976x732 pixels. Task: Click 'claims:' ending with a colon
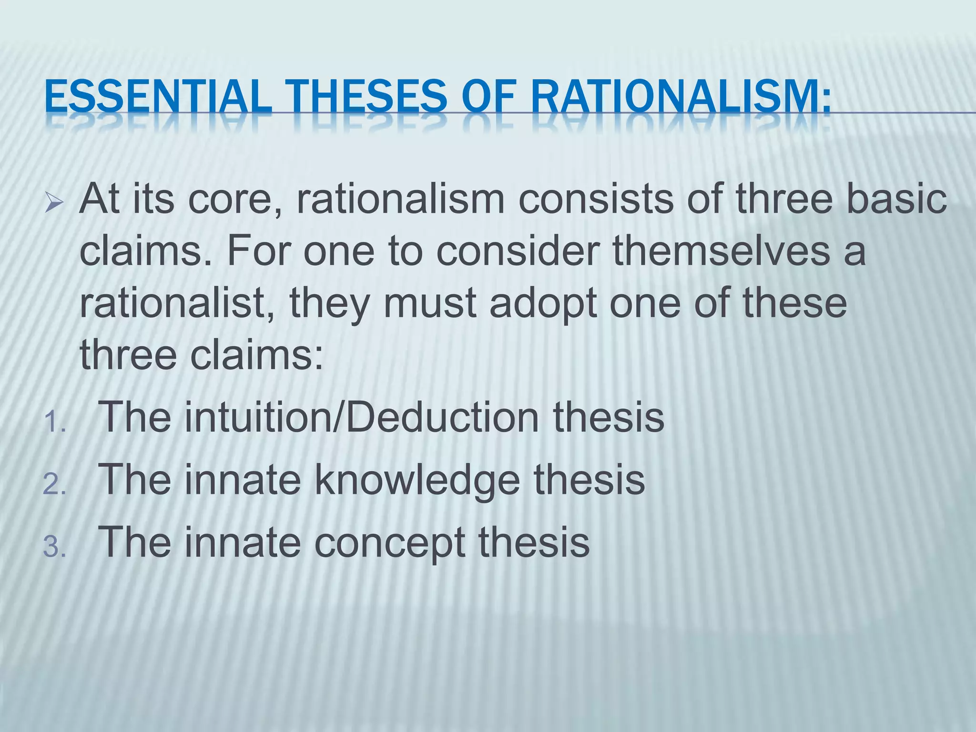(257, 355)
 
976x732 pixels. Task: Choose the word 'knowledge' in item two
(417, 480)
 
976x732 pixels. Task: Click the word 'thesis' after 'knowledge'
(589, 480)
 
